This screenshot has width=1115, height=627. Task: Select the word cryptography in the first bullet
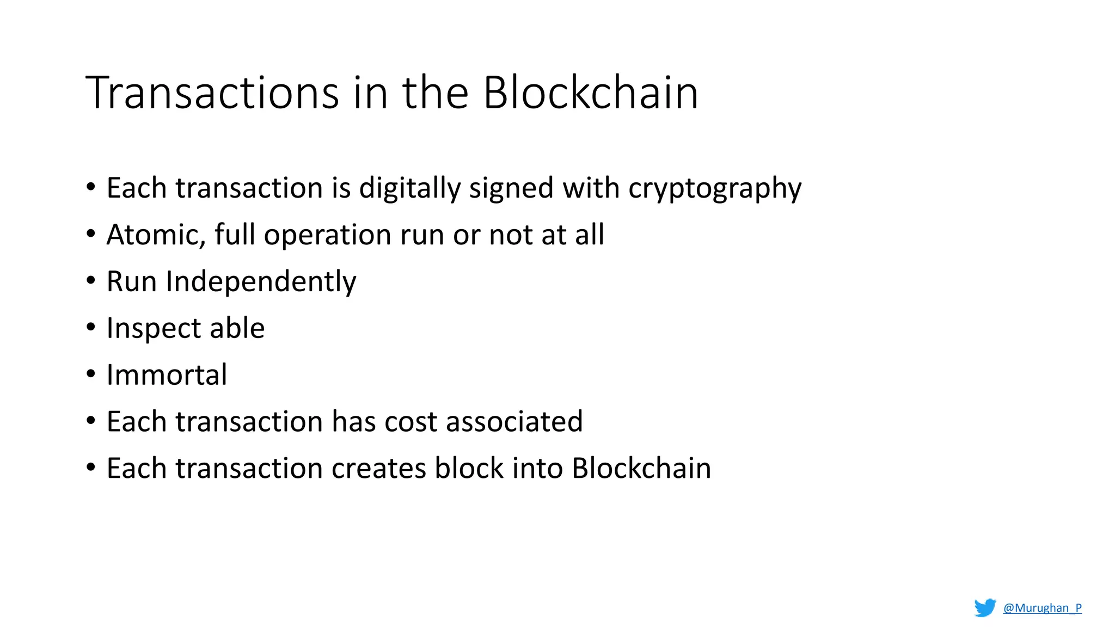point(714,188)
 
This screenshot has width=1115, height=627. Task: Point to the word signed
point(511,188)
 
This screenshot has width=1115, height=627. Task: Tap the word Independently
point(261,282)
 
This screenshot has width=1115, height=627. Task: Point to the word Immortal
point(167,375)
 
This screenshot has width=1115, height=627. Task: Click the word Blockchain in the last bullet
point(641,469)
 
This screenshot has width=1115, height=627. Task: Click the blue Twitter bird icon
point(985,608)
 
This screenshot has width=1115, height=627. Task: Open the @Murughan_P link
point(1042,608)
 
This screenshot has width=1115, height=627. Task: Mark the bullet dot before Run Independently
point(91,281)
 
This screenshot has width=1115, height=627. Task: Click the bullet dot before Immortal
point(91,374)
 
